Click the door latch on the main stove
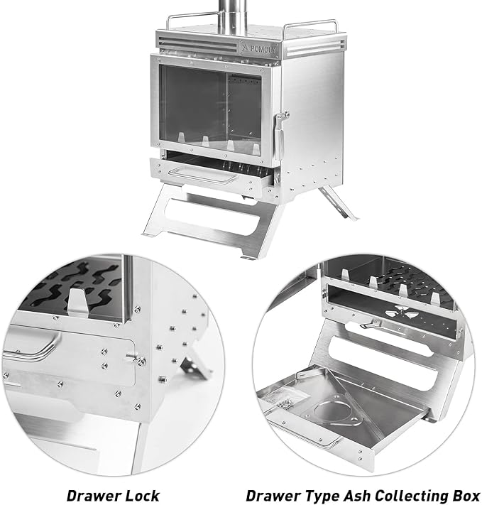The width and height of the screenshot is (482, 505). pos(280,135)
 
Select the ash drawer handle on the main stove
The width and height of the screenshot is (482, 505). pos(204,176)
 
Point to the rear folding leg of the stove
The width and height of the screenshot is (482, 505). pos(337,203)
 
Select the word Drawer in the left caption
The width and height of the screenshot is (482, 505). pos(94,495)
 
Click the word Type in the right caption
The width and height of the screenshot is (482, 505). pos(323,496)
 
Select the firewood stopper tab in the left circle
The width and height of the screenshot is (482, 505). pos(77,302)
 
